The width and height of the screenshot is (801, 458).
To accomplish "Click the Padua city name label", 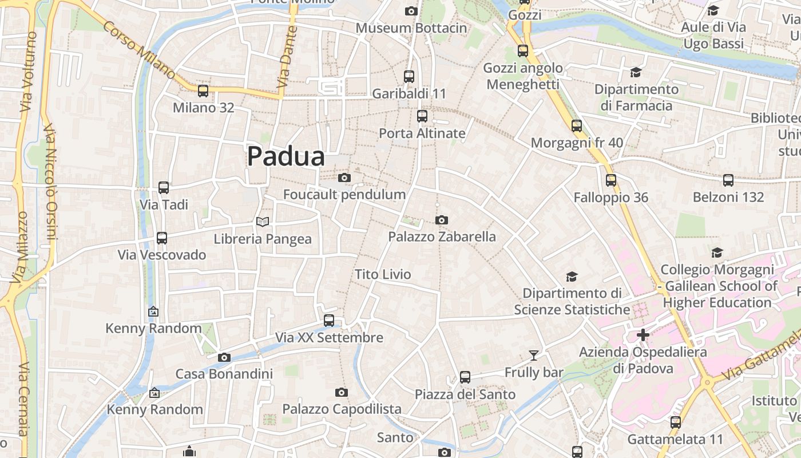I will [285, 156].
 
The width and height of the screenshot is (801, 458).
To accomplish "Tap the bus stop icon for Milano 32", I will [203, 90].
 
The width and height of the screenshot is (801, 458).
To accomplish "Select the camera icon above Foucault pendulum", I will [344, 177].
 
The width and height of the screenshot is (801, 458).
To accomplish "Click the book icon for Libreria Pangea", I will [263, 222].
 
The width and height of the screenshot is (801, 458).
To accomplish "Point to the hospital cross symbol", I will [643, 334].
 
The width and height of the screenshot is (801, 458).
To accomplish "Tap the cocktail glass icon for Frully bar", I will [533, 356].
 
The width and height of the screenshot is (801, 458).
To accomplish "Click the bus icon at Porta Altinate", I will [422, 116].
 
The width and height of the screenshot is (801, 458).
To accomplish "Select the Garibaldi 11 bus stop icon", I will [409, 76].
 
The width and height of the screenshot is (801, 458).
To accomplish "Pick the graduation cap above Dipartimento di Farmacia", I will [636, 72].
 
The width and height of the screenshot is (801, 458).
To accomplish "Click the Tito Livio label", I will [383, 274].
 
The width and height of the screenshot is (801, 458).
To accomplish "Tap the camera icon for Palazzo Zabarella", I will [441, 220].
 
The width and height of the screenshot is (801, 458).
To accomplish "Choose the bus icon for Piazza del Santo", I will [465, 377].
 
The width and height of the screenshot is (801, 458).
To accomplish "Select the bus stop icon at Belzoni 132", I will [728, 180].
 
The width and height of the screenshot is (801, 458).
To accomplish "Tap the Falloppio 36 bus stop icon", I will [610, 180].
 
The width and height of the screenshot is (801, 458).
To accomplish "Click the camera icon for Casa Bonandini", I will [224, 357].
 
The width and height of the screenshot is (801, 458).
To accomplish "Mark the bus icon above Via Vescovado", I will [162, 238].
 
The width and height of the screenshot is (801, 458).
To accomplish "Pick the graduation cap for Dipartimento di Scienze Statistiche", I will [571, 277].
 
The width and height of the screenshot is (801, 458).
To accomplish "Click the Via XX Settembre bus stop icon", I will [329, 321].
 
